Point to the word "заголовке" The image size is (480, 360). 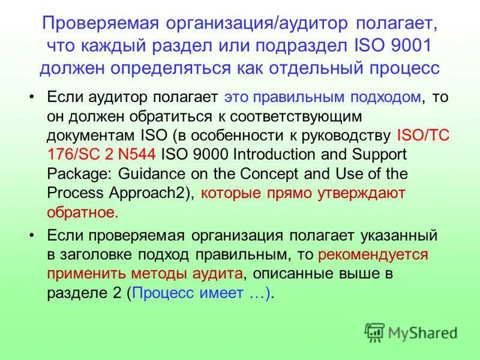[x=93, y=254]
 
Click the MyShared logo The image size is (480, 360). [x=410, y=332]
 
